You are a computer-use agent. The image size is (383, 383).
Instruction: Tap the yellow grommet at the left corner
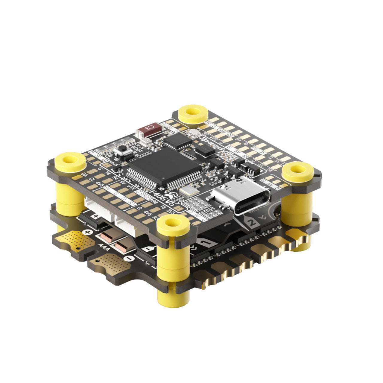[70, 162]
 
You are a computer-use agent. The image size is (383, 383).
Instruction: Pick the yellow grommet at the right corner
[298, 172]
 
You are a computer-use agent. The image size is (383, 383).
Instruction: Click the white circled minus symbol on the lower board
[128, 258]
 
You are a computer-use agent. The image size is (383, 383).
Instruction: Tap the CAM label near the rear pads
[222, 130]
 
